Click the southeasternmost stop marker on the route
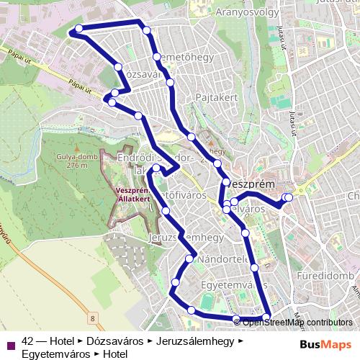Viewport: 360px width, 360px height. tap(267, 318)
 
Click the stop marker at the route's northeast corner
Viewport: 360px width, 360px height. tap(147, 30)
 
